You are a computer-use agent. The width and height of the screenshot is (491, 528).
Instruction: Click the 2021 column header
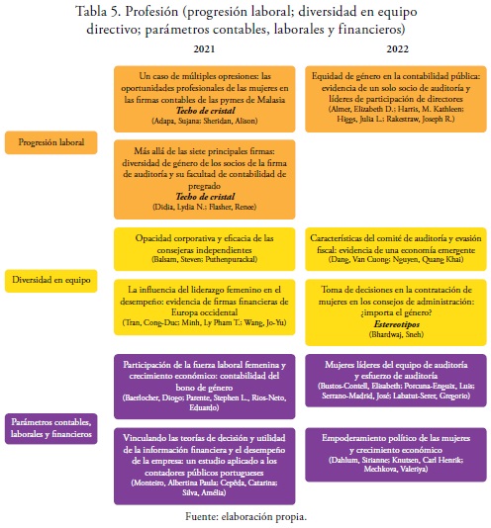(204, 49)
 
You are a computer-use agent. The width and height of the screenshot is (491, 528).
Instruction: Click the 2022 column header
(397, 49)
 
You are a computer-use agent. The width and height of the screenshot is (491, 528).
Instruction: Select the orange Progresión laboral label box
(50, 142)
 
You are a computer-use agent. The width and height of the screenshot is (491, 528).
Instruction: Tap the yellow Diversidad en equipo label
(50, 281)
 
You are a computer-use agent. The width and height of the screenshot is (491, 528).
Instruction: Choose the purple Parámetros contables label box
(50, 428)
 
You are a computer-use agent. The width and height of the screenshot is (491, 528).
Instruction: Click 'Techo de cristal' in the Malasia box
(205, 111)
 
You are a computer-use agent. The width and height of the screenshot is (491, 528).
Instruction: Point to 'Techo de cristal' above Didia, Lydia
(205, 197)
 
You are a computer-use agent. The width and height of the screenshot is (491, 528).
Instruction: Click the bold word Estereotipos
(397, 324)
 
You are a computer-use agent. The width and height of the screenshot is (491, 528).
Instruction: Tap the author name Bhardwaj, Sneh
(396, 334)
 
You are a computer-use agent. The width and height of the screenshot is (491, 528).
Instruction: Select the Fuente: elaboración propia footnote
(245, 516)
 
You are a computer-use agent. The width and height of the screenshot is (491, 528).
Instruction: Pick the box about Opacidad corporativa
(204, 249)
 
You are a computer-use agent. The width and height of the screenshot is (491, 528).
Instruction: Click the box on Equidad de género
(396, 99)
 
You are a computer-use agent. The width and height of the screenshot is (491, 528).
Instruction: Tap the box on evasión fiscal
(396, 249)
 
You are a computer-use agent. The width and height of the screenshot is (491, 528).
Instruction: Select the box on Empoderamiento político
(396, 455)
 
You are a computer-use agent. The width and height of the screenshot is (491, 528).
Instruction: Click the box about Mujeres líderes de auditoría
(396, 381)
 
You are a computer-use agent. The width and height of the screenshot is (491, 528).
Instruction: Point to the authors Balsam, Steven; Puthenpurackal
(204, 259)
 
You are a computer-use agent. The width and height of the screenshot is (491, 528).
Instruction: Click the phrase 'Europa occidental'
(204, 312)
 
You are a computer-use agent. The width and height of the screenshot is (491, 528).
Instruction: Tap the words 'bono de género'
(204, 388)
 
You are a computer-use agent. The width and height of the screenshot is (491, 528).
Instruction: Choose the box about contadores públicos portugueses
(204, 467)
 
